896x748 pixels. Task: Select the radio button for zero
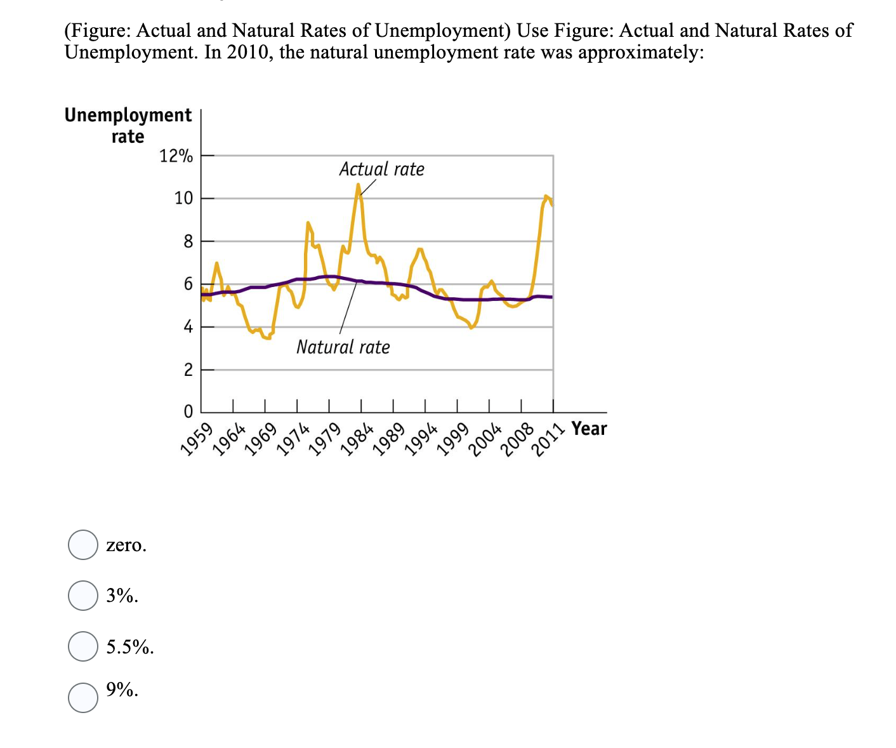82,545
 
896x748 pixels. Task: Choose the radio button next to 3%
82,596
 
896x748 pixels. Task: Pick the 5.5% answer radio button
82,646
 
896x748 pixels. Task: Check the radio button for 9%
82,697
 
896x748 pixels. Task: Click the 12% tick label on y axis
176,156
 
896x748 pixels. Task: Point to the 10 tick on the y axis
183,199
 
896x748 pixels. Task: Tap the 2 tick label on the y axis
188,370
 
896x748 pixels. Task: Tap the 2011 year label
548,439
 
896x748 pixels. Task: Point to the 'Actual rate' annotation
381,169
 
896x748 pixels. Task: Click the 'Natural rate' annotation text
343,347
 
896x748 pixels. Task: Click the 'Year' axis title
589,429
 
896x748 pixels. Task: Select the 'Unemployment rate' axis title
128,125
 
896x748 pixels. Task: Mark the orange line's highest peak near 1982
358,185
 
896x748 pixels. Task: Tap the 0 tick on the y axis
188,412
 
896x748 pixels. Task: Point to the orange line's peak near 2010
546,196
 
